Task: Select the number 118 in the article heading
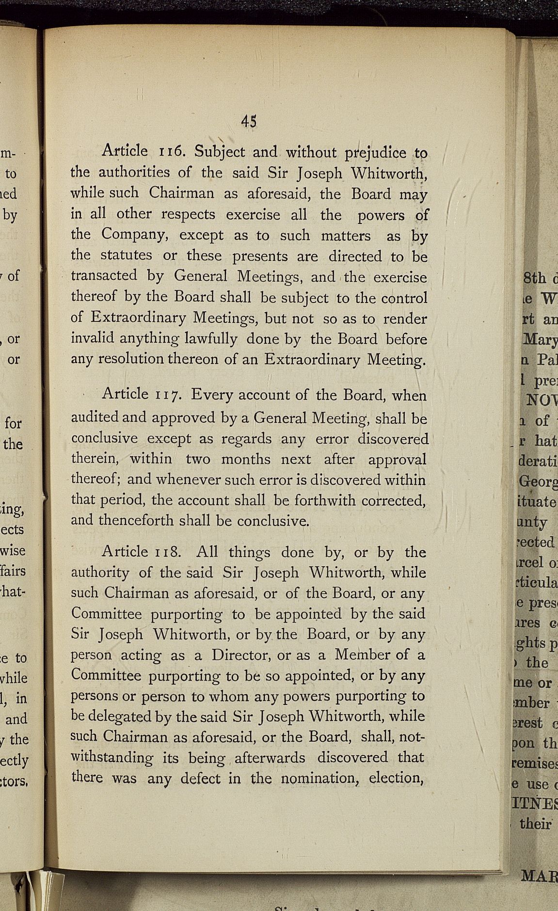pyautogui.click(x=168, y=552)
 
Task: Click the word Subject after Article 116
pyautogui.click(x=220, y=152)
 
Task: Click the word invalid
pyautogui.click(x=93, y=338)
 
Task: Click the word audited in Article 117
pyautogui.click(x=95, y=417)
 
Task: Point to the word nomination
pyautogui.click(x=320, y=778)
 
